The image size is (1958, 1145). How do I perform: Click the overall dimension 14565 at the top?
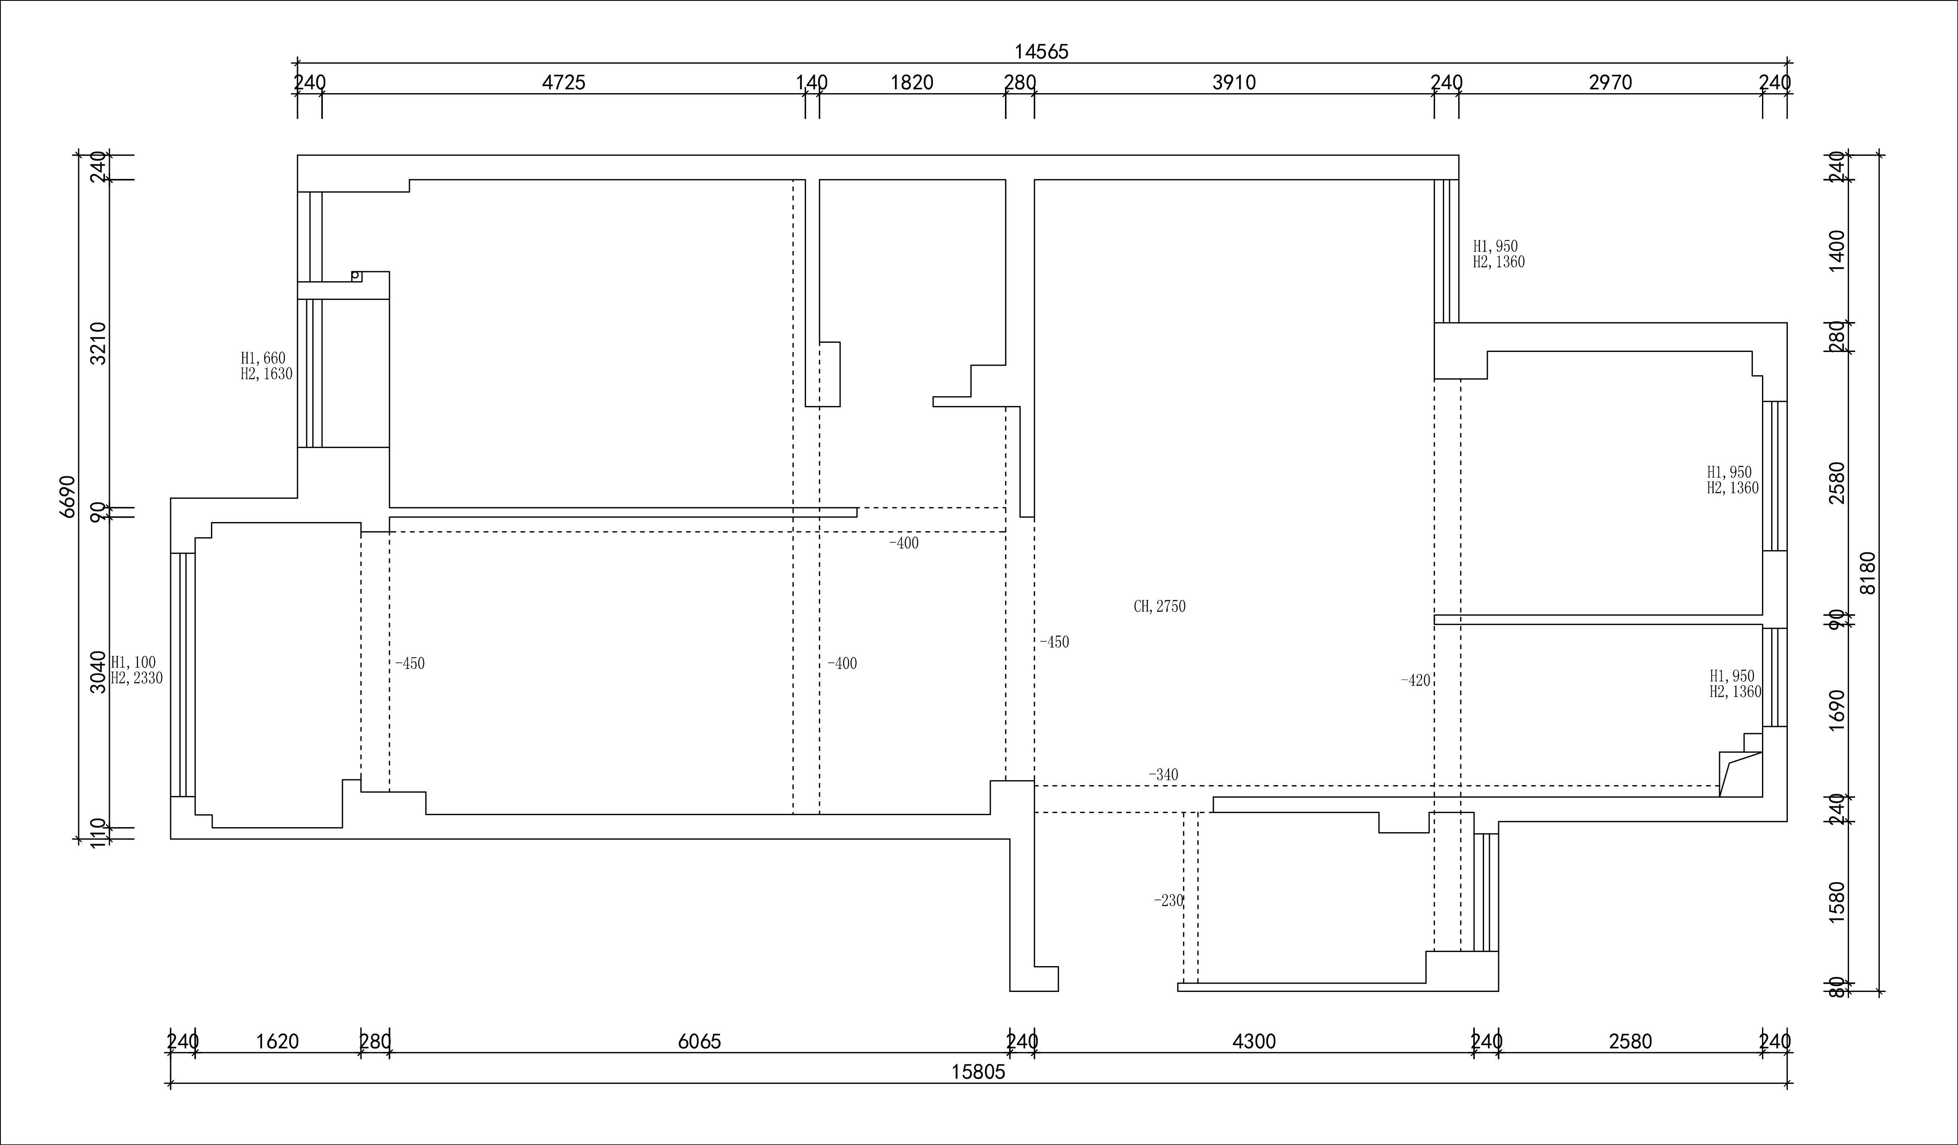1041,51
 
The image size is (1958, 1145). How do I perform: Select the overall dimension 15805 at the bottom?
978,1072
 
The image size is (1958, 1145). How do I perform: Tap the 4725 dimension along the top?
563,82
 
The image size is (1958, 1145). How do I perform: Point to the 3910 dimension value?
1234,82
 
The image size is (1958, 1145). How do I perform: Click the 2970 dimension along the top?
1611,82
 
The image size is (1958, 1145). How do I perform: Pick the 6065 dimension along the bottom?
699,1042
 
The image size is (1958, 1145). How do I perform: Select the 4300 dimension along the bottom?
1254,1042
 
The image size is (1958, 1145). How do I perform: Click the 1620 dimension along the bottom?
278,1042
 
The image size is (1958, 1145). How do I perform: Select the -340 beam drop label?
1163,774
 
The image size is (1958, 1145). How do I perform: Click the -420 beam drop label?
1415,681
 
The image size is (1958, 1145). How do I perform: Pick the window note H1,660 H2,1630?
266,366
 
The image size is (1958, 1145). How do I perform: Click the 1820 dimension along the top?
911,82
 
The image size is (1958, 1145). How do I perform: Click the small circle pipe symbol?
355,275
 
